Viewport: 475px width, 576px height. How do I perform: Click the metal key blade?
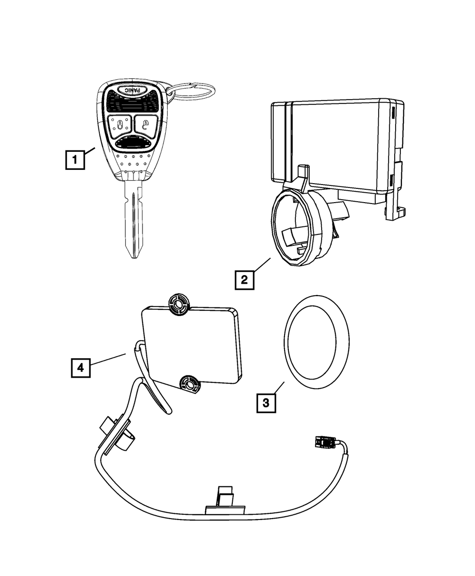134,218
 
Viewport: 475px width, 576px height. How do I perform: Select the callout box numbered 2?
244,279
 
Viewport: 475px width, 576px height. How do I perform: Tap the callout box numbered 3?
266,403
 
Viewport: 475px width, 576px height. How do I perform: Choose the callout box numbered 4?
81,367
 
